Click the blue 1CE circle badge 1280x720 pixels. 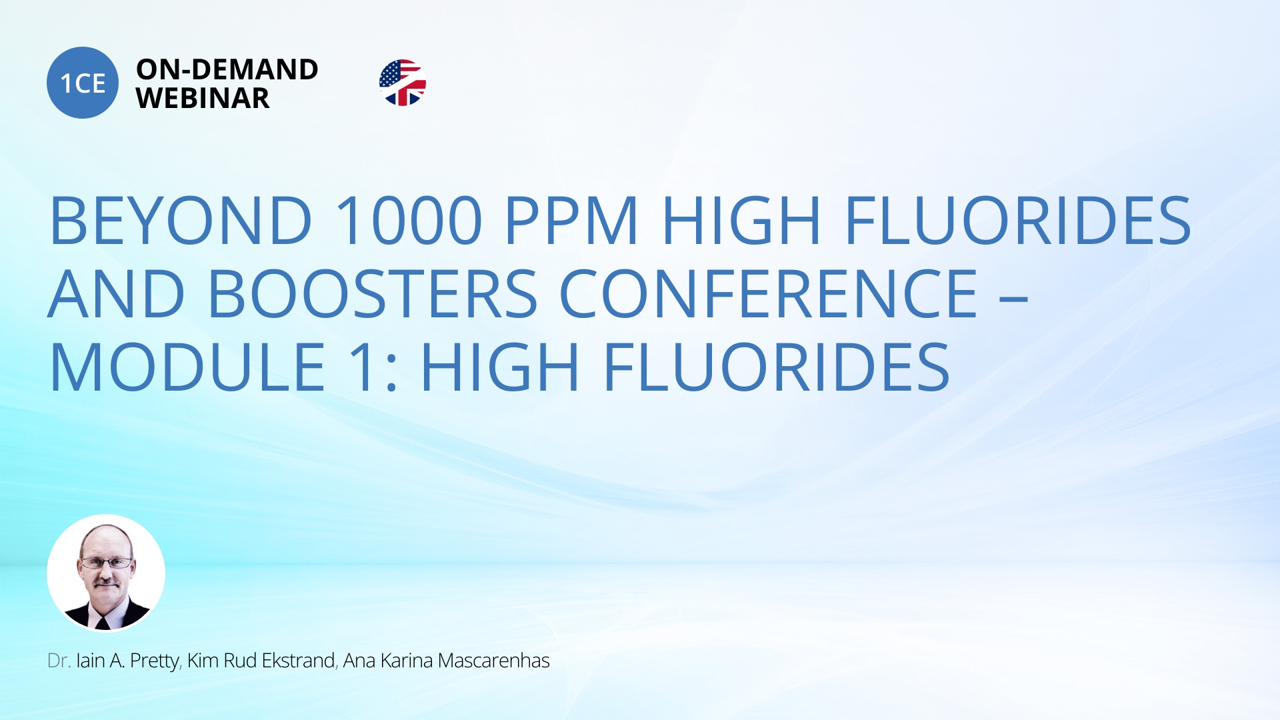tap(83, 83)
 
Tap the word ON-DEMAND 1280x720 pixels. tap(227, 69)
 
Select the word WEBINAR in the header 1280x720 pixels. tap(203, 99)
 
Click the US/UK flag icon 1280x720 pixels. tap(403, 83)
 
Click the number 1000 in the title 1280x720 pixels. tap(409, 220)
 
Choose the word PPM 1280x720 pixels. tap(572, 220)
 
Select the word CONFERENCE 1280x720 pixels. tap(769, 293)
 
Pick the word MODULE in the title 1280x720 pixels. tap(188, 367)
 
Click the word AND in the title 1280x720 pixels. tap(117, 293)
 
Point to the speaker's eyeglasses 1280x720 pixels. tap(106, 563)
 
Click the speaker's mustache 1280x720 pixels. tap(107, 583)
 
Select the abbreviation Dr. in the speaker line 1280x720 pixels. tap(59, 661)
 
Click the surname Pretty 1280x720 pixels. tap(155, 661)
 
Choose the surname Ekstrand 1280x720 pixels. tap(298, 661)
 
